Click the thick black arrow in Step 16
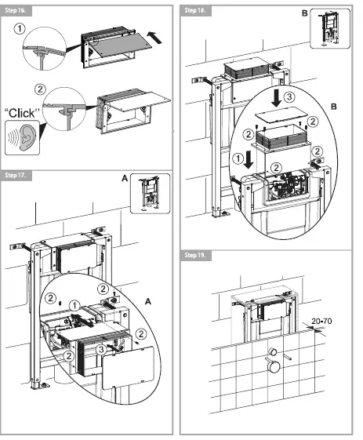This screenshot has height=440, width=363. click(156, 35)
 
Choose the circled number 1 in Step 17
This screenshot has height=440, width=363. click(74, 304)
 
